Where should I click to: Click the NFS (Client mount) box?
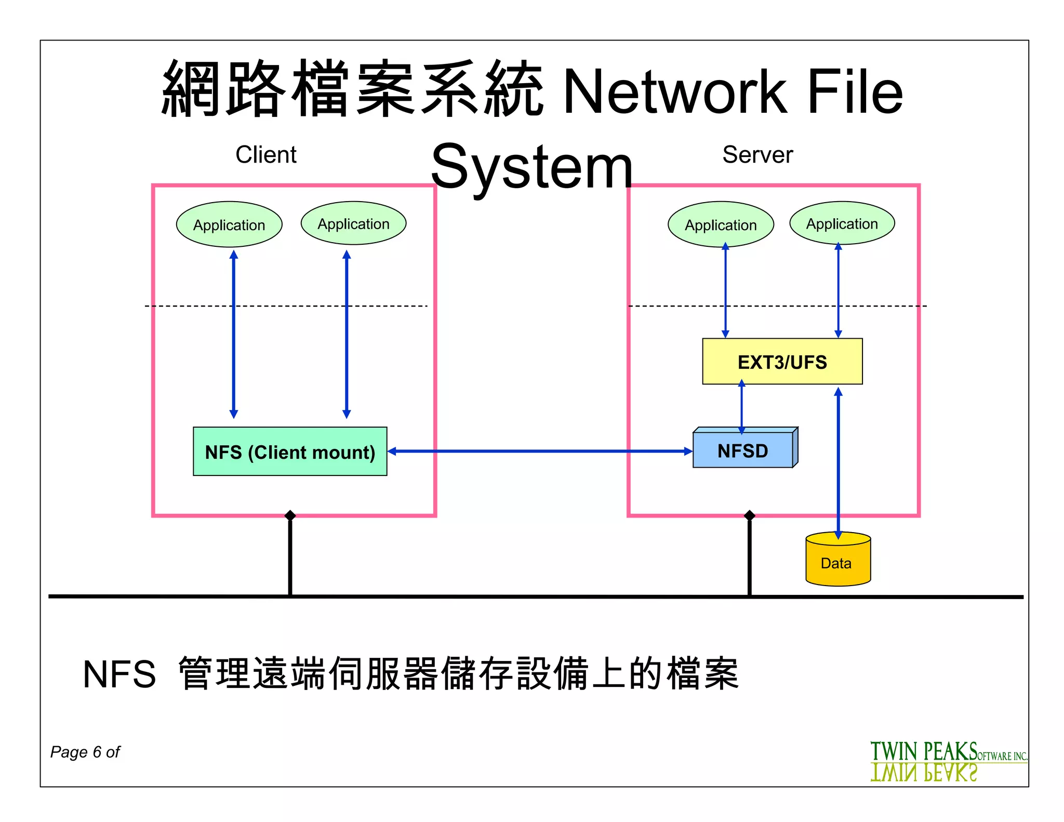pyautogui.click(x=290, y=452)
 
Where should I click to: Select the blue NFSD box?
pyautogui.click(x=742, y=450)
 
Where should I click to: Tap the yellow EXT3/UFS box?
pyautogui.click(x=782, y=362)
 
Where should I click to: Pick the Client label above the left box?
pyautogui.click(x=266, y=155)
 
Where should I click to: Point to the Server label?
pyautogui.click(x=757, y=155)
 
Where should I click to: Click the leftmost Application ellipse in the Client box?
pyautogui.click(x=229, y=224)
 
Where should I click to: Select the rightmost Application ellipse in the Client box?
pyautogui.click(x=353, y=223)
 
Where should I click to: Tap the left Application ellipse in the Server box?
pyautogui.click(x=721, y=224)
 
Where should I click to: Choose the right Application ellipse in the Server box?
pyautogui.click(x=842, y=223)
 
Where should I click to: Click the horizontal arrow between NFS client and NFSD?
pyautogui.click(x=540, y=451)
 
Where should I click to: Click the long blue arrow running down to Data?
pyautogui.click(x=838, y=462)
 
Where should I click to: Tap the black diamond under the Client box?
pyautogui.click(x=290, y=515)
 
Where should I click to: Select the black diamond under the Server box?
pyautogui.click(x=749, y=515)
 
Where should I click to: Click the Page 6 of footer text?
pyautogui.click(x=85, y=752)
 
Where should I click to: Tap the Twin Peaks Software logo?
pyautogui.click(x=948, y=761)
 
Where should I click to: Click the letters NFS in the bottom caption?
pyautogui.click(x=119, y=674)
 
